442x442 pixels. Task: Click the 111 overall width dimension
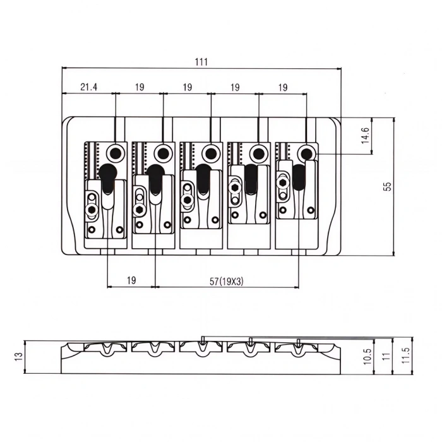click(x=201, y=62)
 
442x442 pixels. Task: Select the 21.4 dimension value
click(x=88, y=88)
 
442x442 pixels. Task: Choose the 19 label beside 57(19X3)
click(x=131, y=280)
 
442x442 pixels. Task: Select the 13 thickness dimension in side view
click(x=18, y=356)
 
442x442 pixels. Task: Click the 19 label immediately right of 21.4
click(x=140, y=88)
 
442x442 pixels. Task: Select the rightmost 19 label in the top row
click(x=282, y=88)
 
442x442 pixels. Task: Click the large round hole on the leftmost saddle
click(x=116, y=153)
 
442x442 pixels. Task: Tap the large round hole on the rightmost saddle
click(x=307, y=153)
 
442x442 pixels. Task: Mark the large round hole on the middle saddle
click(x=211, y=153)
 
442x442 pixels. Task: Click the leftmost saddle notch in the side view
click(x=106, y=347)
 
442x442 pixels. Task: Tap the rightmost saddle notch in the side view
click(x=298, y=347)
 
